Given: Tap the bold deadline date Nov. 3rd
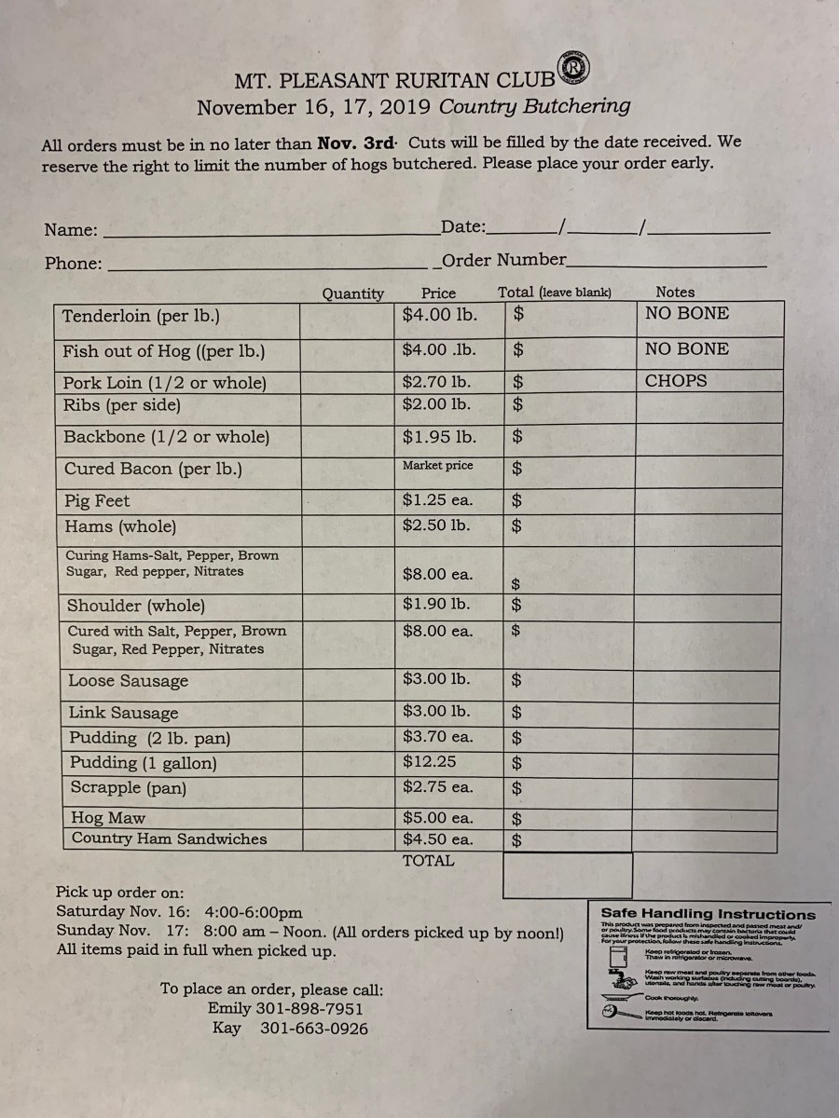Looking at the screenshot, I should pyautogui.click(x=356, y=143).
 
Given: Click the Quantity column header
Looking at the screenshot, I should pyautogui.click(x=352, y=293).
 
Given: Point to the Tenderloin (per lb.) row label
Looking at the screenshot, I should pyautogui.click(x=141, y=316).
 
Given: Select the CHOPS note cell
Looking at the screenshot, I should pyautogui.click(x=676, y=381).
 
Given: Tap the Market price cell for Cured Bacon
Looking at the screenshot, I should pyautogui.click(x=437, y=466).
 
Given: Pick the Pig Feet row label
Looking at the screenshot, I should pyautogui.click(x=97, y=501).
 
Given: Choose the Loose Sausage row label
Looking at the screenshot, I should pyautogui.click(x=128, y=681).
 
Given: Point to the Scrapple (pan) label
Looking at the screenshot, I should pyautogui.click(x=129, y=788).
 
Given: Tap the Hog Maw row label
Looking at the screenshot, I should pyautogui.click(x=108, y=818).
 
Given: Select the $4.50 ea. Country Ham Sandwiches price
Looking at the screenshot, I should pyautogui.click(x=437, y=839).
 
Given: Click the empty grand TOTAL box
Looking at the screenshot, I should pyautogui.click(x=554, y=875).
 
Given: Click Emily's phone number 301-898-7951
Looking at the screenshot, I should pyautogui.click(x=311, y=1009).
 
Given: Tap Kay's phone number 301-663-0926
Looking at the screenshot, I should pyautogui.click(x=313, y=1029).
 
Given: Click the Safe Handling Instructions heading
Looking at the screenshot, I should pyautogui.click(x=708, y=915).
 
